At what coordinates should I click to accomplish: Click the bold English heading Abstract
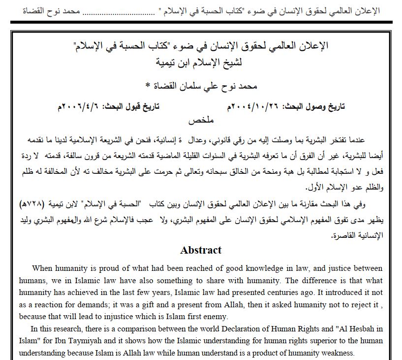click(x=201, y=250)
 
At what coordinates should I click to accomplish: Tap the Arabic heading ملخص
click(x=201, y=119)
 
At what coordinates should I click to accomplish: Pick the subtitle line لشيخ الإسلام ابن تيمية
click(x=201, y=63)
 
